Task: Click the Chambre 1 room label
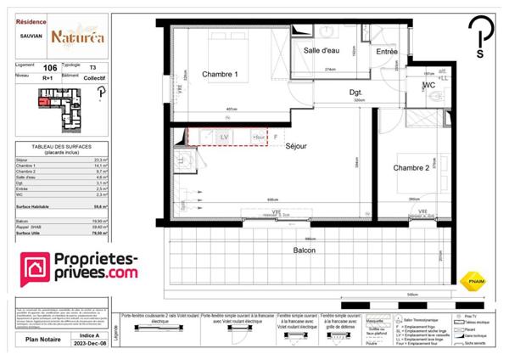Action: [220, 75]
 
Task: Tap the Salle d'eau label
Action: [323, 51]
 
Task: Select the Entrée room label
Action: [387, 52]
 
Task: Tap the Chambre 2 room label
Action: [411, 168]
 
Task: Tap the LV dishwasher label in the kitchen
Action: [224, 136]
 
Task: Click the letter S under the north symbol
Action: [480, 53]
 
